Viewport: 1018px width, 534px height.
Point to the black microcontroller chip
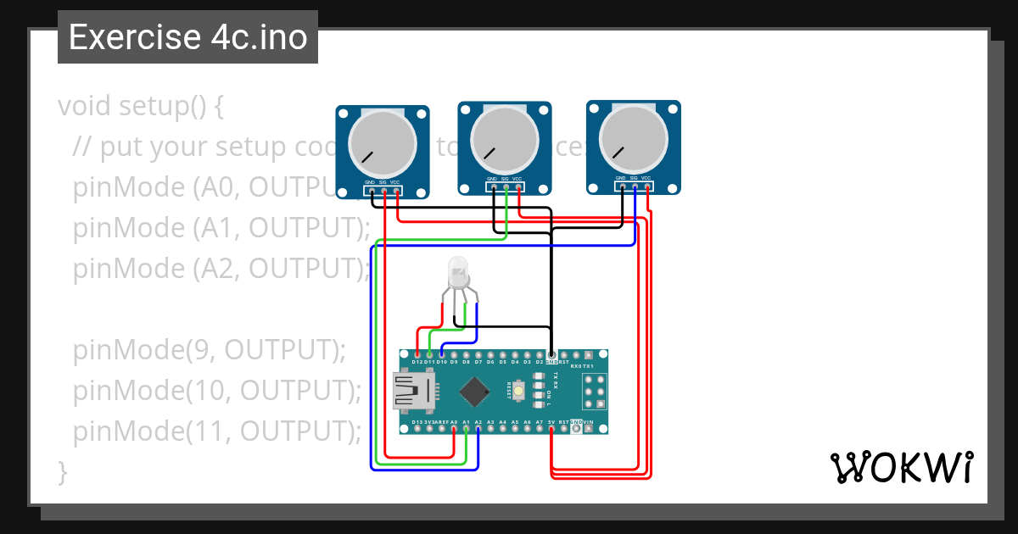point(474,391)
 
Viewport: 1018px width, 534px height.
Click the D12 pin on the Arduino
point(417,353)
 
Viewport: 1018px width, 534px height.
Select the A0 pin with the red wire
point(454,429)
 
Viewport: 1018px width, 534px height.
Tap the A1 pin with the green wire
point(467,429)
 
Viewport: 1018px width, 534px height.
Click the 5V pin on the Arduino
point(551,429)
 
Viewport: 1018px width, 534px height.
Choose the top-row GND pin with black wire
point(551,353)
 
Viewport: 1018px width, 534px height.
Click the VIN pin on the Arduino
point(589,429)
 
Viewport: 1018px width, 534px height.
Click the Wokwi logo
point(900,467)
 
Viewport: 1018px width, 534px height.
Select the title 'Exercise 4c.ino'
point(187,37)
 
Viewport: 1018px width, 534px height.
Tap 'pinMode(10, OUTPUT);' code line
point(217,391)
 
